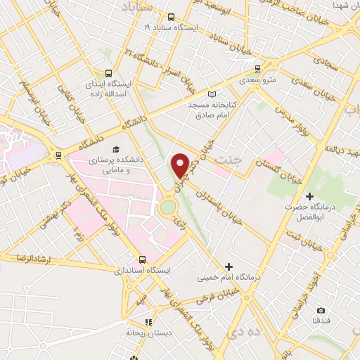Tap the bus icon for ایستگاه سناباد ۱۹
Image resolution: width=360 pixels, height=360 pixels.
(172, 17)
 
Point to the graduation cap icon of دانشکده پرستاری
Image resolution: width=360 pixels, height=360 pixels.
(116, 150)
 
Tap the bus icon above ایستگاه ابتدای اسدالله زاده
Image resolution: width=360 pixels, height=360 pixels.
(108, 72)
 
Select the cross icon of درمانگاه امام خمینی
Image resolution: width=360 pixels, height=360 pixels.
(229, 266)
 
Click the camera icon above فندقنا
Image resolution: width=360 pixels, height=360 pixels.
(321, 311)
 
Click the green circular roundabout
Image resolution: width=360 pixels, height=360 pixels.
(167, 207)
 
